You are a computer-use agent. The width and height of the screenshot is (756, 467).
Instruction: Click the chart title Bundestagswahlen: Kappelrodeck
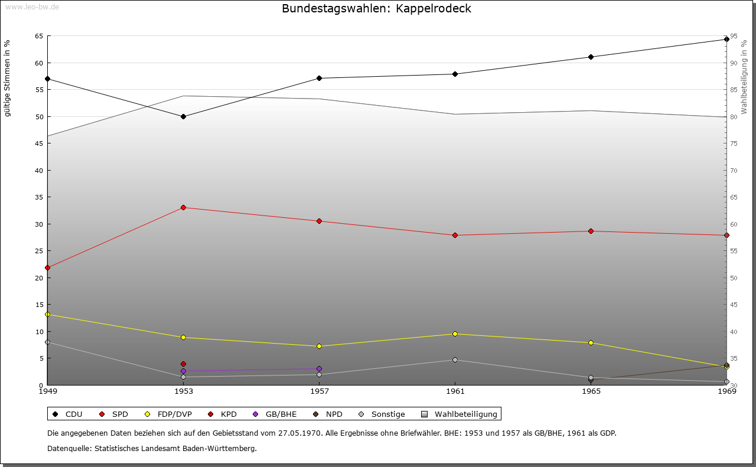376,9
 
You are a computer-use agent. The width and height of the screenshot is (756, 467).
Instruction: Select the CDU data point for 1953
183,116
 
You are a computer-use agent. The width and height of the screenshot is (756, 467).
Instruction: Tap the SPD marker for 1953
183,207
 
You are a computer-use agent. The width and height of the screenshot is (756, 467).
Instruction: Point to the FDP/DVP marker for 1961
455,334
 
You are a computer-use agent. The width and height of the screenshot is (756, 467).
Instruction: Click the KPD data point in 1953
183,364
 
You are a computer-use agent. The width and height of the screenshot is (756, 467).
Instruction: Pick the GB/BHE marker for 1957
319,368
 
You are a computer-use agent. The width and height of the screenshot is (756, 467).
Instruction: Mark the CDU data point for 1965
591,57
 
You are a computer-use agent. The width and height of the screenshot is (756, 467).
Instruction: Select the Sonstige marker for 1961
455,360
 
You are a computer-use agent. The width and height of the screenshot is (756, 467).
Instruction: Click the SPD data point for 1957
319,221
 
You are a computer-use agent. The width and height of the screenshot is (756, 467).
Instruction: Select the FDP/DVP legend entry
168,414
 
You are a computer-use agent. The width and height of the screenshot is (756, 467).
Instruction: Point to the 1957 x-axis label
319,391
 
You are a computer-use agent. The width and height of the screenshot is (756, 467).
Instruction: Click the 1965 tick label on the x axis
591,391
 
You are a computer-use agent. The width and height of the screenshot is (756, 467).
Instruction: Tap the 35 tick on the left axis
39,197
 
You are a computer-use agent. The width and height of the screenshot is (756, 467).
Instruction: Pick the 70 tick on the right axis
733,170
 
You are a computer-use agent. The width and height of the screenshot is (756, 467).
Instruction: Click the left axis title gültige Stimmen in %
8,78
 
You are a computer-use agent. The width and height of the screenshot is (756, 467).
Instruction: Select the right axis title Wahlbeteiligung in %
744,77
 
